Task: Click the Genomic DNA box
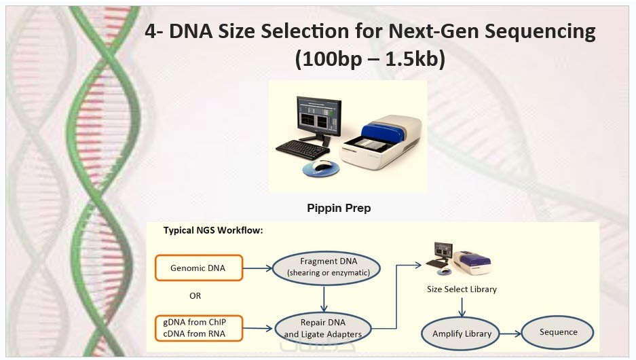click(199, 268)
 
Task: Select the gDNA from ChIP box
click(199, 328)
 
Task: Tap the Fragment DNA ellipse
click(326, 268)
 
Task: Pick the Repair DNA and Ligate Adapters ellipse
click(323, 329)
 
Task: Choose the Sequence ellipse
click(558, 332)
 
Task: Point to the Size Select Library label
click(462, 289)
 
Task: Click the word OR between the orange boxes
click(195, 296)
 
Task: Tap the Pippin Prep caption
click(339, 209)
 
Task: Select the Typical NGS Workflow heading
click(213, 230)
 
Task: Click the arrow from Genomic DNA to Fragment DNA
click(257, 268)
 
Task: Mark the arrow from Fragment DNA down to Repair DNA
click(324, 299)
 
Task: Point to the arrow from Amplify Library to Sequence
click(510, 334)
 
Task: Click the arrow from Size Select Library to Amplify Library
click(462, 307)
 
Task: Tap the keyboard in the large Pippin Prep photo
click(303, 149)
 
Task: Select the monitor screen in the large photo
click(319, 115)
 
